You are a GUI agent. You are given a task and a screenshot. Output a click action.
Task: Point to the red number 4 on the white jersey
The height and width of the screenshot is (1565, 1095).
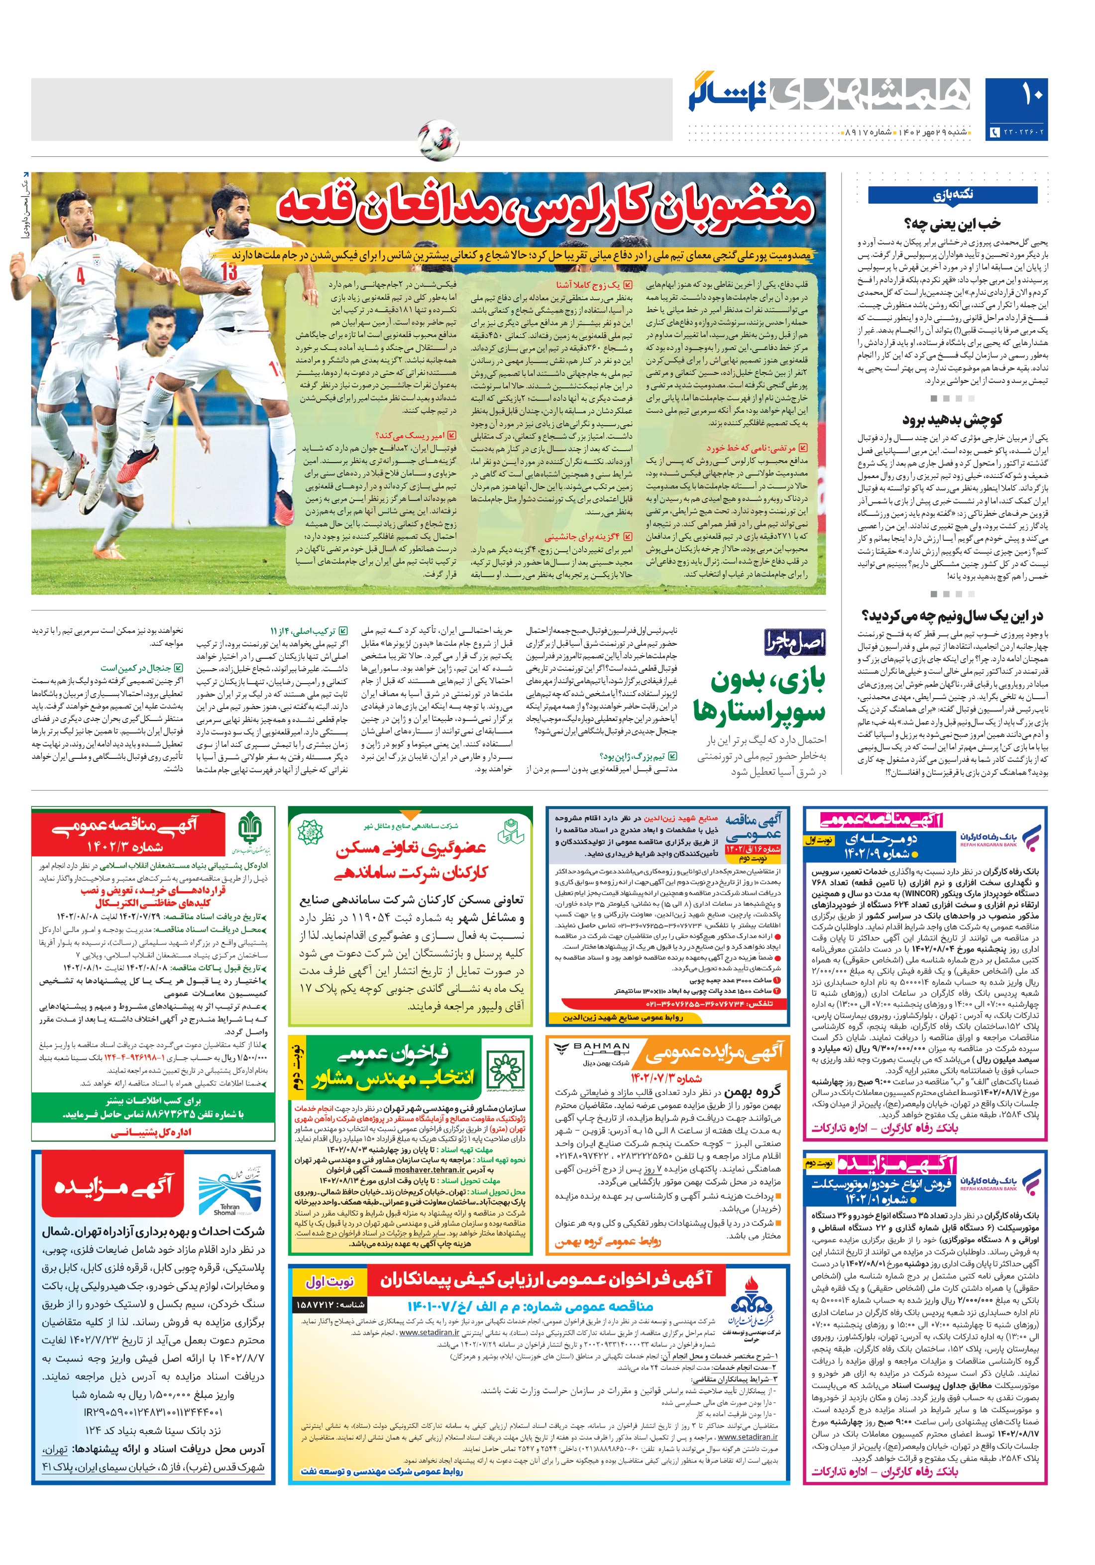coord(81,276)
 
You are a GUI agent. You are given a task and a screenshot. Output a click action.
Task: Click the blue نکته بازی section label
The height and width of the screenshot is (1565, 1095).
coord(952,195)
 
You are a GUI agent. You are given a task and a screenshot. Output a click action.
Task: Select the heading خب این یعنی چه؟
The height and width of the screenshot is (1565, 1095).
coord(952,223)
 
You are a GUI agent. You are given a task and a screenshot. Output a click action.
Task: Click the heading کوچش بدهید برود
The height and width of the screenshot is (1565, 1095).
coord(952,419)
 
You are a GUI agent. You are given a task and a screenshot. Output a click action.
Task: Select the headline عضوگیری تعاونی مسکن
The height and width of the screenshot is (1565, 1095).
coord(410,859)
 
